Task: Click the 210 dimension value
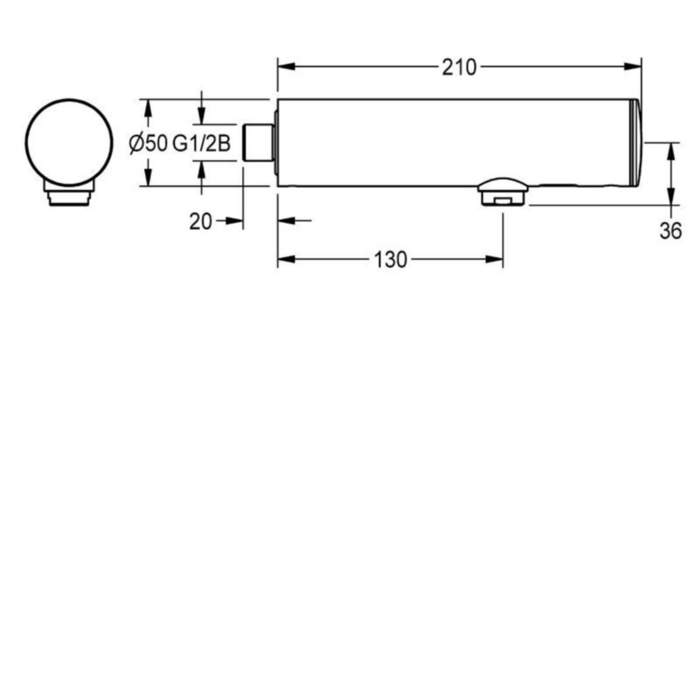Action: coord(459,68)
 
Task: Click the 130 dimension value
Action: coord(390,260)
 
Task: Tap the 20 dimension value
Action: coord(200,222)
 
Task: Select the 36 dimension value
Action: coord(671,231)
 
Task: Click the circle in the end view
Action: coord(69,142)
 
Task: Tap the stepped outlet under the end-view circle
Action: coord(69,194)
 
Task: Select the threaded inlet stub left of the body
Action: coord(258,142)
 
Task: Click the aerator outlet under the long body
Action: coord(503,192)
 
